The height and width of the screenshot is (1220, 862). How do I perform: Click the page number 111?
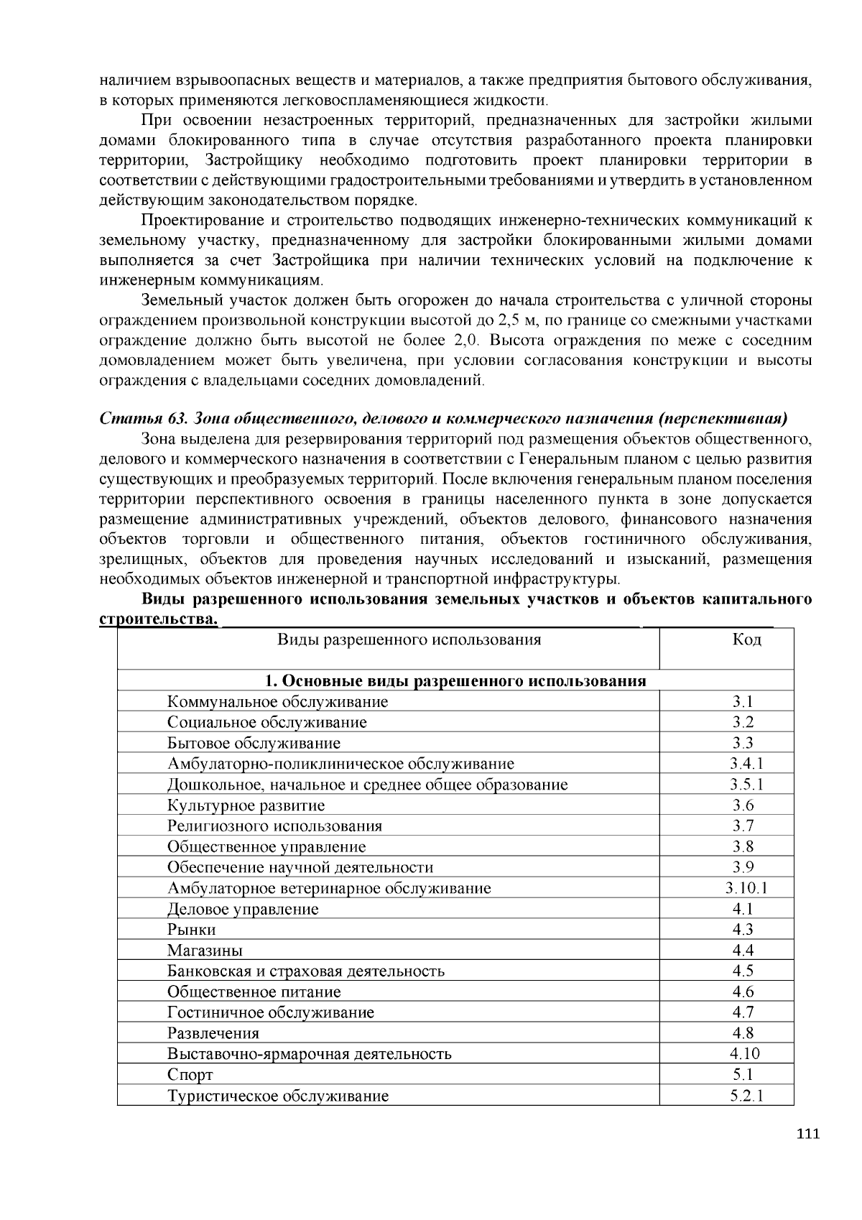pyautogui.click(x=808, y=1134)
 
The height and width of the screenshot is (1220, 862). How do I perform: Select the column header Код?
pyautogui.click(x=746, y=639)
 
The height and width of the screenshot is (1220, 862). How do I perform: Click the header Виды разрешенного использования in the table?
pyautogui.click(x=409, y=639)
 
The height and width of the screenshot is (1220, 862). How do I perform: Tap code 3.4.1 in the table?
pyautogui.click(x=746, y=764)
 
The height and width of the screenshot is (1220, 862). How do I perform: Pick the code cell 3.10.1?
pyautogui.click(x=746, y=888)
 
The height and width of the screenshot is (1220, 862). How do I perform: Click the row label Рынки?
pyautogui.click(x=192, y=930)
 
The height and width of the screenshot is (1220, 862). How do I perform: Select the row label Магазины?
pyautogui.click(x=205, y=951)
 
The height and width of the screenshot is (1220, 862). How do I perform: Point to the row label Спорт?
pyautogui.click(x=190, y=1075)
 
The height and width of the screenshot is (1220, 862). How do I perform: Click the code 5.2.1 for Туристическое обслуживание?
pyautogui.click(x=746, y=1096)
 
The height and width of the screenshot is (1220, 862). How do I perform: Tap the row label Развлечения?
pyautogui.click(x=213, y=1033)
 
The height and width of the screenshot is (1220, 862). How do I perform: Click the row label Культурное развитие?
pyautogui.click(x=246, y=805)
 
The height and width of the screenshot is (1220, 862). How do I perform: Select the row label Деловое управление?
pyautogui.click(x=243, y=909)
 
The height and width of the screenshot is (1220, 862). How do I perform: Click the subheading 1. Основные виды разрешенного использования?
pyautogui.click(x=455, y=680)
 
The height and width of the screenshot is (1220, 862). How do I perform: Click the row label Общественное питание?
pyautogui.click(x=254, y=992)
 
